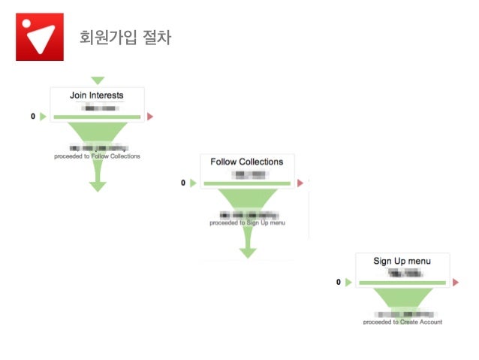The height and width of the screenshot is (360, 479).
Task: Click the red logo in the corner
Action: (39, 36)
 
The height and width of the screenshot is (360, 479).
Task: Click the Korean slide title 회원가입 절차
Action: (125, 38)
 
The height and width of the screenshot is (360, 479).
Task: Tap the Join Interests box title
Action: (97, 95)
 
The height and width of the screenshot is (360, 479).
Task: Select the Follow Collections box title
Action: (246, 162)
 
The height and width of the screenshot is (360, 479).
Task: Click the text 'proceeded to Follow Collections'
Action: (97, 156)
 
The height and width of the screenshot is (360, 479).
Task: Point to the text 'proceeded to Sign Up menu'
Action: (247, 222)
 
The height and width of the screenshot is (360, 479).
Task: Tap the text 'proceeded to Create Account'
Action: (402, 322)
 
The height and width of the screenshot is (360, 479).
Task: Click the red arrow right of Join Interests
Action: (150, 116)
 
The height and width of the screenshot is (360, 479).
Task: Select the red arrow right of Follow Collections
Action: (300, 183)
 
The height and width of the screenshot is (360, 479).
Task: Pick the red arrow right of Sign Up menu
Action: (456, 283)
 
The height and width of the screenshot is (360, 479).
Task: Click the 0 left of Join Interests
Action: (33, 116)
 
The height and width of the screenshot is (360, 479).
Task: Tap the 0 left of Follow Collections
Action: (183, 183)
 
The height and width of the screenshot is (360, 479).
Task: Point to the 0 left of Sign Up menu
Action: (339, 282)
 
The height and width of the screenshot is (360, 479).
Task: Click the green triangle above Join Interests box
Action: (97, 80)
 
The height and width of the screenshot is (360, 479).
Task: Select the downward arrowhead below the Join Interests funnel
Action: (98, 186)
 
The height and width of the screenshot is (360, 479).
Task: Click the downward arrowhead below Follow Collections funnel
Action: (248, 253)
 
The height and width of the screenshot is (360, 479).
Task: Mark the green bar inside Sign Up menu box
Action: (402, 283)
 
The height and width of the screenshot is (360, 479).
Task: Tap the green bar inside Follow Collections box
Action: (247, 183)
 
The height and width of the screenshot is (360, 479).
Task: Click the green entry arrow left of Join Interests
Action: (43, 116)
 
